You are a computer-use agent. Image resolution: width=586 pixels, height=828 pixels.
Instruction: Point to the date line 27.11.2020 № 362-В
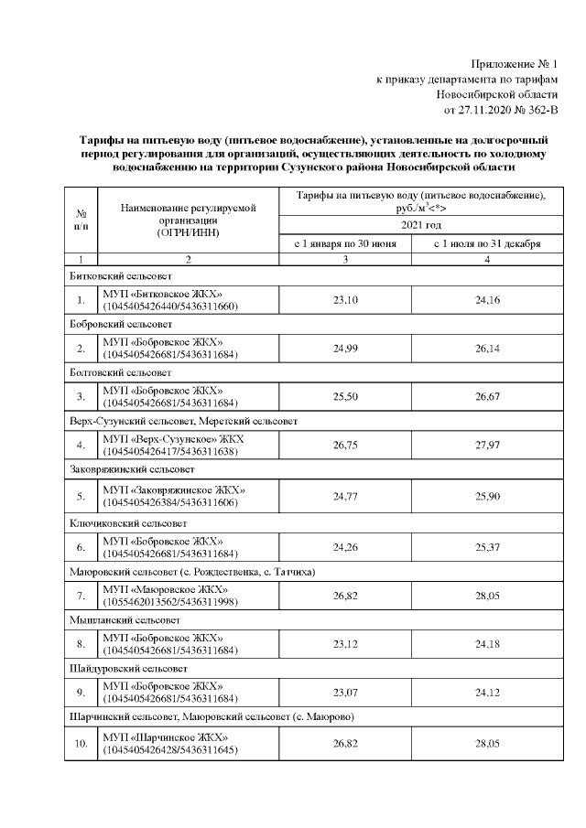point(500,111)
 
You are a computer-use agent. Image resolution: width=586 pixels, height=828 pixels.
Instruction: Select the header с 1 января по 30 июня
point(345,244)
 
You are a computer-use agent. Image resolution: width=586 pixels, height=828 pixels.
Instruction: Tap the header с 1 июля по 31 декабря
point(486,244)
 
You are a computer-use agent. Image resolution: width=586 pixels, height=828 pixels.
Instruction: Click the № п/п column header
point(81,217)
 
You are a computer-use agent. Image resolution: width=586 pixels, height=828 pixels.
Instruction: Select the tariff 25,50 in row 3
point(345,398)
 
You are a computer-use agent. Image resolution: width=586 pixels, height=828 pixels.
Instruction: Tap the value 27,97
point(486,447)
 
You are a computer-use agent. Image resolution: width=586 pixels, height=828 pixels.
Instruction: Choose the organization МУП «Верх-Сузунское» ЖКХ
point(174,441)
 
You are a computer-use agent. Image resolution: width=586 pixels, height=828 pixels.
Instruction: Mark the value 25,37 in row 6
point(486,547)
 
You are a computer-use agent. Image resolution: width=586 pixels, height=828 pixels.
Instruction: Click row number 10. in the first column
point(81,746)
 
